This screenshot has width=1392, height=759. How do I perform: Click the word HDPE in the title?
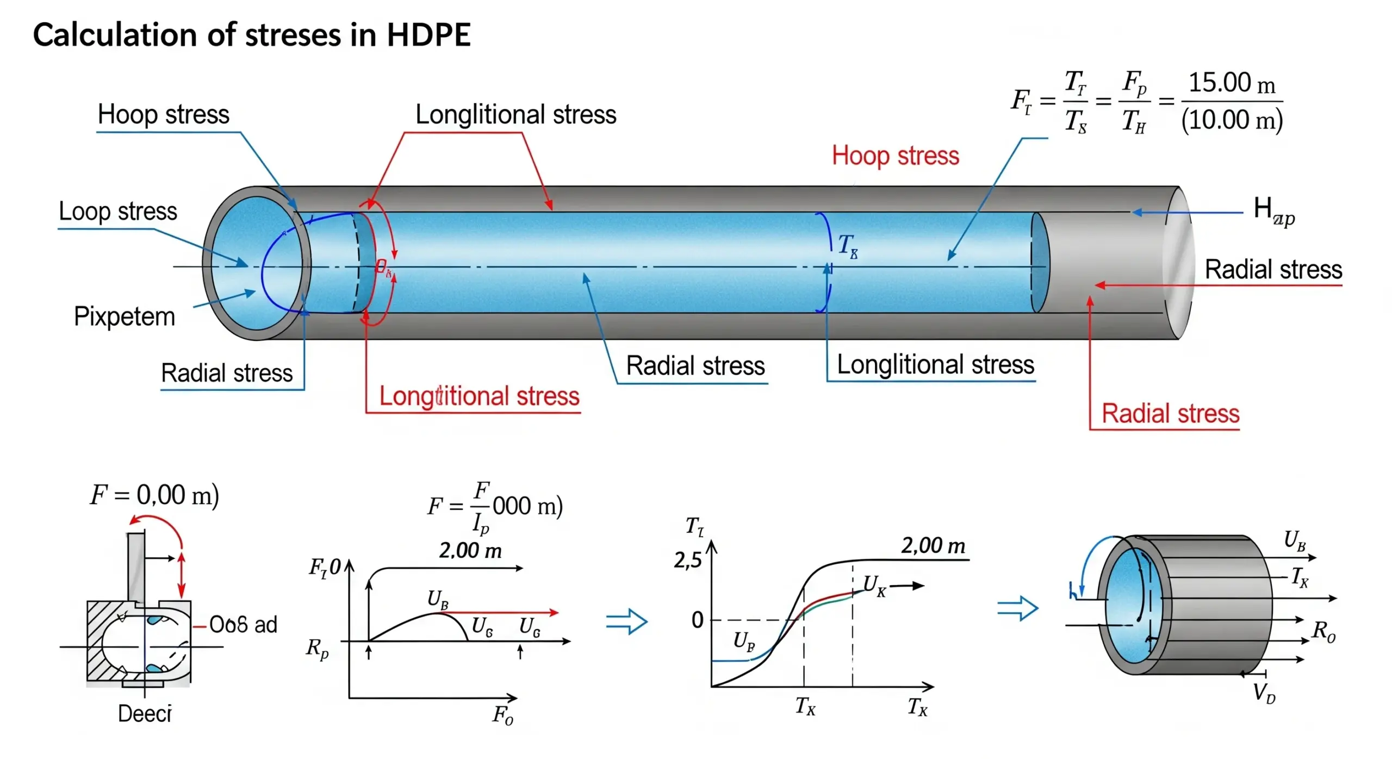(x=428, y=35)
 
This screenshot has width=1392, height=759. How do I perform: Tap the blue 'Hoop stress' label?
(x=163, y=115)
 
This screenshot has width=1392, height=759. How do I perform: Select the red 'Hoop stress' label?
(x=895, y=156)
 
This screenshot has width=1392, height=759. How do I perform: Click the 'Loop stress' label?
(x=117, y=211)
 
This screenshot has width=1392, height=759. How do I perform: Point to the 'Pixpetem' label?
(x=125, y=316)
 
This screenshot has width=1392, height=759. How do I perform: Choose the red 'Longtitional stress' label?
(x=478, y=396)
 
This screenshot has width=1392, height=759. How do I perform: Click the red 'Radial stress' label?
(x=1170, y=414)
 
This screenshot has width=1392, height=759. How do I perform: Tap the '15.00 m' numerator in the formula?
(x=1231, y=83)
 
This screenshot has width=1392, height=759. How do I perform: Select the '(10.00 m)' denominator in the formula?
(x=1231, y=120)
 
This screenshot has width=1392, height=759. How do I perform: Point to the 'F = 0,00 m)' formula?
(x=154, y=495)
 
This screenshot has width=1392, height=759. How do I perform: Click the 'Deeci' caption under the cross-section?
(x=144, y=713)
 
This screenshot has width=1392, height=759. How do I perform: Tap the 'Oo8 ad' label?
(x=243, y=625)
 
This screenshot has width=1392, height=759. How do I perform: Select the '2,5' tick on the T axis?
(x=687, y=560)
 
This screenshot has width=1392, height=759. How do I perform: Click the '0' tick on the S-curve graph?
(x=697, y=620)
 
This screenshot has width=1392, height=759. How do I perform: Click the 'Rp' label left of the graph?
(x=318, y=648)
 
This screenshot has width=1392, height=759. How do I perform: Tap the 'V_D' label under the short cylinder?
(x=1264, y=694)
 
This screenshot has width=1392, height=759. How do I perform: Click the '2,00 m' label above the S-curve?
(x=933, y=545)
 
